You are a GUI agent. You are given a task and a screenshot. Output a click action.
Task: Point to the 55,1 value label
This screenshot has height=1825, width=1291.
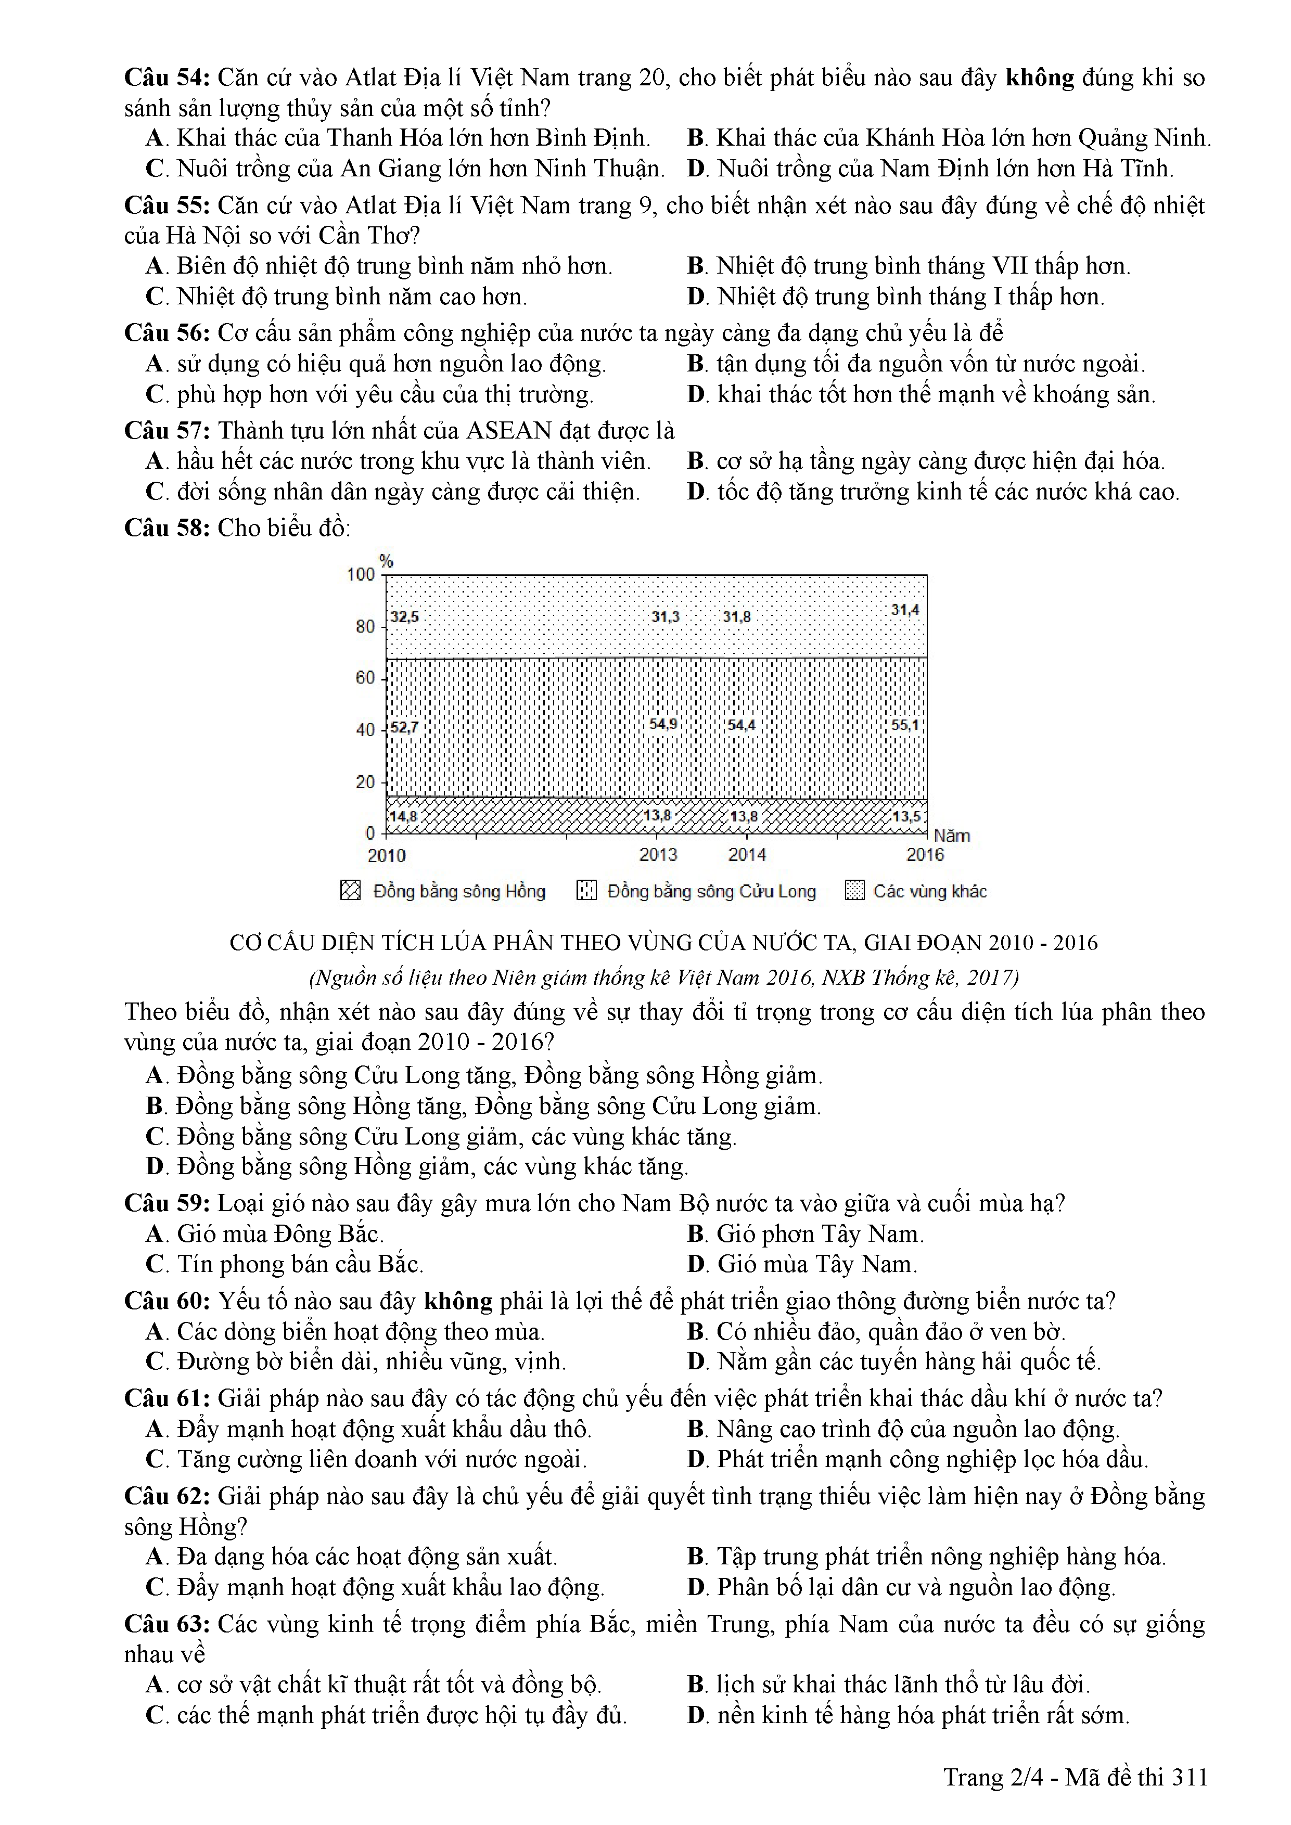[x=905, y=725]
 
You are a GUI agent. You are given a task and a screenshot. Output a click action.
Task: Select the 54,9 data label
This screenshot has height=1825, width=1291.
[x=663, y=724]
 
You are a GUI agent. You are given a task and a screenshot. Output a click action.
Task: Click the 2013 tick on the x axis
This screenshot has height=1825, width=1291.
[x=658, y=854]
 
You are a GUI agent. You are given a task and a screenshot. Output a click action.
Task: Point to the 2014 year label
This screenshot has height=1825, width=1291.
[x=747, y=854]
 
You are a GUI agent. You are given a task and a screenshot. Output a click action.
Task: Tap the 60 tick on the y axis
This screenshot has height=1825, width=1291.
[x=365, y=677]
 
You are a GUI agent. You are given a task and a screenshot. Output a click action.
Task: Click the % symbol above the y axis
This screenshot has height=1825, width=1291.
[x=386, y=561]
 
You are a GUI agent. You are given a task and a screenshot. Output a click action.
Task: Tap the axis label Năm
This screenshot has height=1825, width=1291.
[x=952, y=836]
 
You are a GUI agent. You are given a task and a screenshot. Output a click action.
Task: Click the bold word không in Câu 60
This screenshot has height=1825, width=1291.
[x=458, y=1301]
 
